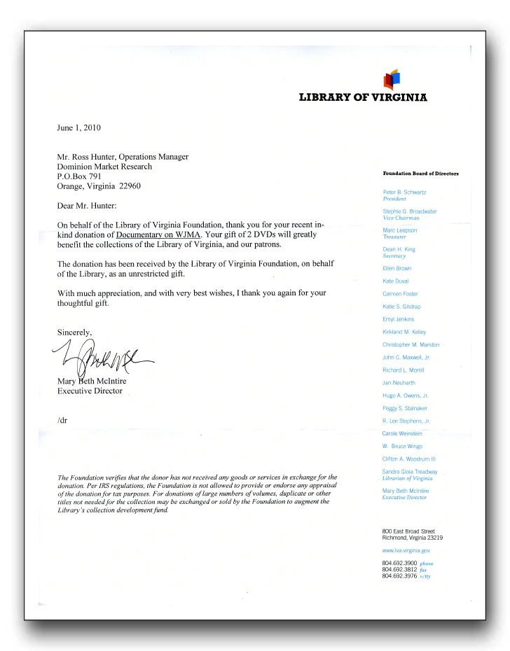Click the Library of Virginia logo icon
click(x=392, y=79)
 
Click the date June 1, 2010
click(x=79, y=128)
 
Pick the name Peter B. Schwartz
click(x=404, y=192)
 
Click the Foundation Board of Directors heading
click(x=420, y=173)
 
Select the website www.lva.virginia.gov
click(x=406, y=552)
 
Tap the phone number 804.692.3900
click(x=399, y=563)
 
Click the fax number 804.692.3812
click(x=399, y=570)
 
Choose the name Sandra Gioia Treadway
click(x=410, y=472)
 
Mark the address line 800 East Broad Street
click(x=408, y=531)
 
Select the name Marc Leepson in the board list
click(x=399, y=230)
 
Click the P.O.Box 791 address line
click(x=79, y=176)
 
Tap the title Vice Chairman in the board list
click(x=401, y=218)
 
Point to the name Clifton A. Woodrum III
click(x=410, y=459)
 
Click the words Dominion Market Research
click(x=104, y=167)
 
